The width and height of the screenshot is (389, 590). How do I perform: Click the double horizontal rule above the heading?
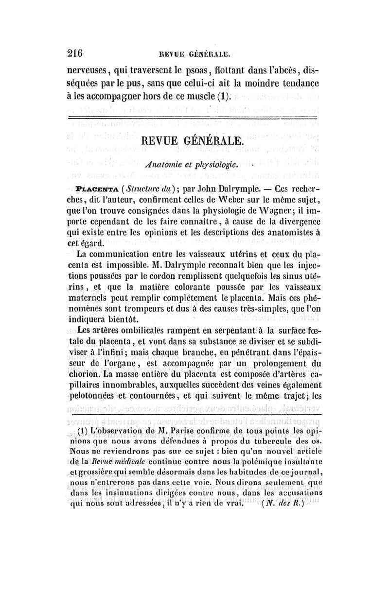(x=194, y=118)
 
